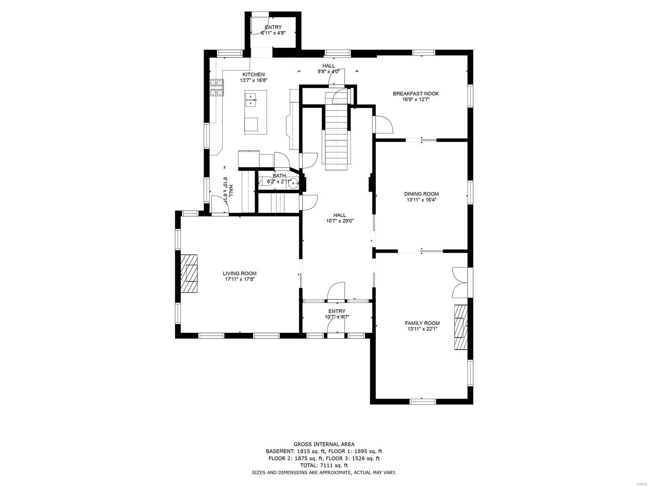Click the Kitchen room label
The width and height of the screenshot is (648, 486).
254,75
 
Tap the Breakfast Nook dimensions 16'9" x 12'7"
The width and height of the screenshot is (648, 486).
416,99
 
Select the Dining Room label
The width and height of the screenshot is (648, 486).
421,194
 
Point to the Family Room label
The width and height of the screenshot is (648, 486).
422,323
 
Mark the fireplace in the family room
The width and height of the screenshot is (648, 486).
460,327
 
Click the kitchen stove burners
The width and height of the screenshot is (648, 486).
216,87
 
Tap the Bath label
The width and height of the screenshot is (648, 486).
279,176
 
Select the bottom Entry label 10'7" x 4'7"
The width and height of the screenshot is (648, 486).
337,311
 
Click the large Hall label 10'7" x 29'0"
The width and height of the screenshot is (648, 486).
339,215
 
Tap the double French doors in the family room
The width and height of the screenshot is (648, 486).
460,282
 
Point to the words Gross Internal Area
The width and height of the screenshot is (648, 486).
324,444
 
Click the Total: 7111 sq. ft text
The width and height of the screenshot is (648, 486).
324,465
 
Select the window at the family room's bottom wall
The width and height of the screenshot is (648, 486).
422,401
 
